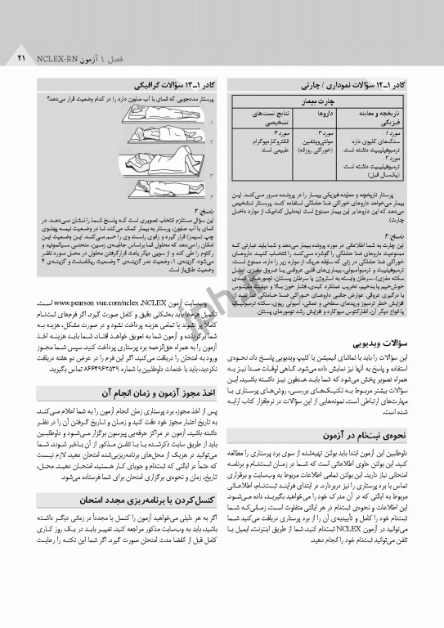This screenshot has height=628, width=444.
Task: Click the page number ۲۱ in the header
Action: pos(22,61)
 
